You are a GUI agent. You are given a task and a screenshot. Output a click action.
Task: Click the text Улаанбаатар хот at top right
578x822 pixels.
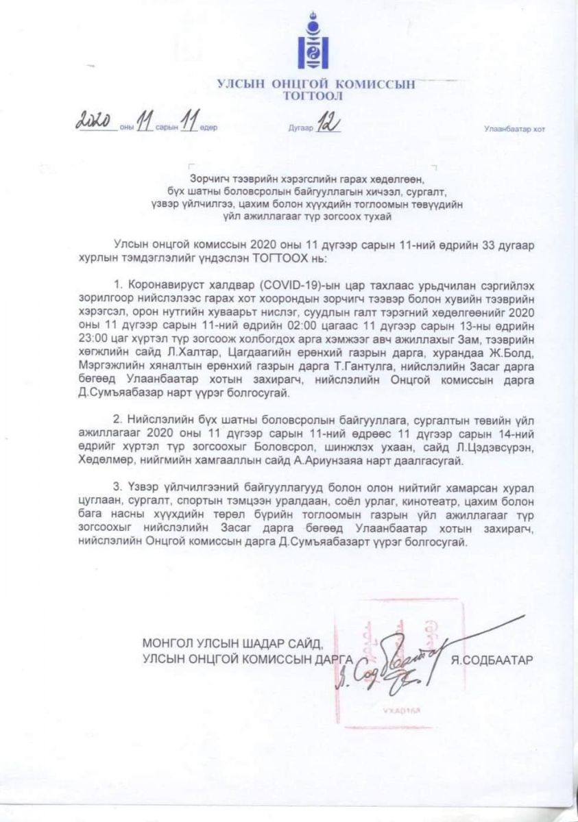coord(514,128)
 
